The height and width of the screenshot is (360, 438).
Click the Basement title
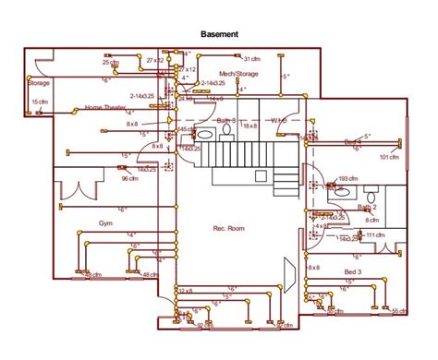click(x=220, y=33)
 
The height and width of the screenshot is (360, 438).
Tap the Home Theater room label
click(x=105, y=107)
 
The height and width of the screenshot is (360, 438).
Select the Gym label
click(x=107, y=223)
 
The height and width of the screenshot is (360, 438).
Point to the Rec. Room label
click(x=227, y=227)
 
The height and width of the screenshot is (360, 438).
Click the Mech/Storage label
click(x=239, y=73)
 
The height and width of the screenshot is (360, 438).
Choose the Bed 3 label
click(x=353, y=272)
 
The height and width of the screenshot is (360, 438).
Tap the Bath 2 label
click(x=367, y=208)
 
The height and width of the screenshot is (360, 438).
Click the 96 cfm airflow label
click(x=130, y=179)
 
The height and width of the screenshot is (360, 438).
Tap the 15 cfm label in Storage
click(x=40, y=102)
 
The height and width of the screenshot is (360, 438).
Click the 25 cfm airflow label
click(x=110, y=62)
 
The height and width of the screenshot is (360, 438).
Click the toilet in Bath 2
click(x=370, y=196)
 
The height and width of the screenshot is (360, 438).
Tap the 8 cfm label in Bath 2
click(x=371, y=220)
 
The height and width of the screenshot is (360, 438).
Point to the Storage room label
click(x=39, y=82)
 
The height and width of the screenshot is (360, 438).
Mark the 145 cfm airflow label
click(x=186, y=129)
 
